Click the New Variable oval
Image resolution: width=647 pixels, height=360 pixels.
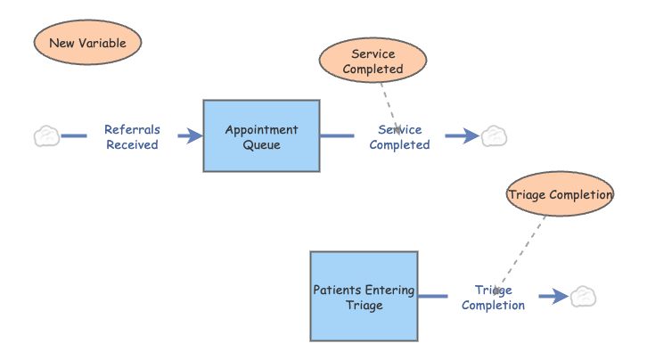pyautogui.click(x=87, y=43)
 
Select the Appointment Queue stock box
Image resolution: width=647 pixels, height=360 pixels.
pyautogui.click(x=261, y=135)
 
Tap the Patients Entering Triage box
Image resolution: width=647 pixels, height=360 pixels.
pyautogui.click(x=364, y=296)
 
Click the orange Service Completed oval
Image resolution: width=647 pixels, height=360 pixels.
pyautogui.click(x=373, y=61)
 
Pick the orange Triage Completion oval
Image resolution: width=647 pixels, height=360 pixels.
pyautogui.click(x=560, y=195)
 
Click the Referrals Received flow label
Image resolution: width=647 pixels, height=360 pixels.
pyautogui.click(x=132, y=136)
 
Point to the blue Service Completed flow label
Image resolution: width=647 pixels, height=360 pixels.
pyautogui.click(x=399, y=136)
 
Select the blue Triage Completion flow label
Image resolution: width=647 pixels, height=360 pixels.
pyautogui.click(x=493, y=297)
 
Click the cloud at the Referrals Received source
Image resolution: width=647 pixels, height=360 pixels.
pyautogui.click(x=46, y=136)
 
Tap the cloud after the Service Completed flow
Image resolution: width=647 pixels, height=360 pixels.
pyautogui.click(x=494, y=136)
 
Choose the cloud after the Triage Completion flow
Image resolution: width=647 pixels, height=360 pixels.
pyautogui.click(x=583, y=296)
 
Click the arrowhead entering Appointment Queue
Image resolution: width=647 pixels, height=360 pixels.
pyautogui.click(x=192, y=136)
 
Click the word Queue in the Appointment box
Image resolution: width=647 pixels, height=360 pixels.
pyautogui.click(x=261, y=144)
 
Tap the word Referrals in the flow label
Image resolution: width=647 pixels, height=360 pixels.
pyautogui.click(x=132, y=129)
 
